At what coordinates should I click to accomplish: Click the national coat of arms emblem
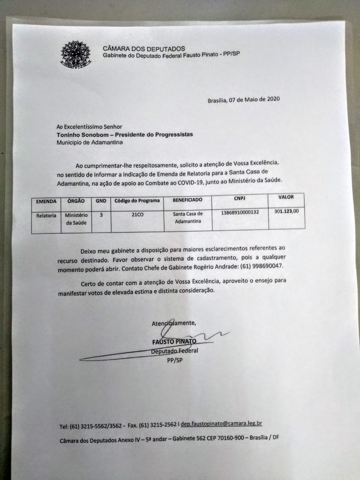click(x=76, y=54)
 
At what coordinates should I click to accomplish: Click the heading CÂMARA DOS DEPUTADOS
click(x=144, y=48)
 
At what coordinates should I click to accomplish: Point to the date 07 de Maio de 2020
click(x=255, y=99)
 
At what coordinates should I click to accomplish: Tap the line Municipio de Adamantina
click(x=89, y=142)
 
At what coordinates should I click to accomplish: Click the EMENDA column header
click(x=46, y=201)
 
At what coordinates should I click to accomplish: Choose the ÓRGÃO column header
click(x=76, y=201)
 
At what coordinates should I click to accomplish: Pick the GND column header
click(x=101, y=201)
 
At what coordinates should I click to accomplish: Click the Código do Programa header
click(x=137, y=201)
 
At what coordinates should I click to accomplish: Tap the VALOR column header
click(x=286, y=197)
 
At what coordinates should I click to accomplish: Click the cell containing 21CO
click(x=137, y=215)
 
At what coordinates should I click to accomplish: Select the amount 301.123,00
click(x=286, y=211)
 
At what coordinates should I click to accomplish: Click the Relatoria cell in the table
click(x=46, y=216)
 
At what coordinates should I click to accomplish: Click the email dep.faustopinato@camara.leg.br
click(x=221, y=424)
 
